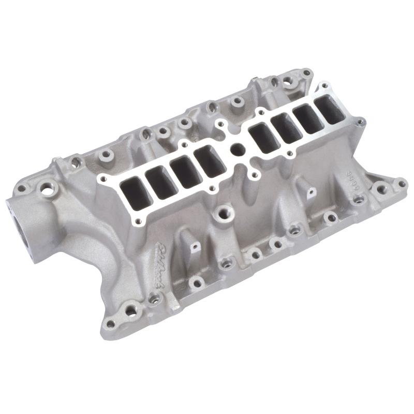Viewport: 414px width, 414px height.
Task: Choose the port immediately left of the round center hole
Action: pyautogui.click(x=210, y=160)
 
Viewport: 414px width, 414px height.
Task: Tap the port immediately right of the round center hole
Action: pyautogui.click(x=263, y=137)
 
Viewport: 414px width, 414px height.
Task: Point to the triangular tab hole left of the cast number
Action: pyautogui.click(x=310, y=194)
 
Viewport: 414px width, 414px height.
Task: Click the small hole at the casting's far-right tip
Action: pyautogui.click(x=401, y=182)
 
